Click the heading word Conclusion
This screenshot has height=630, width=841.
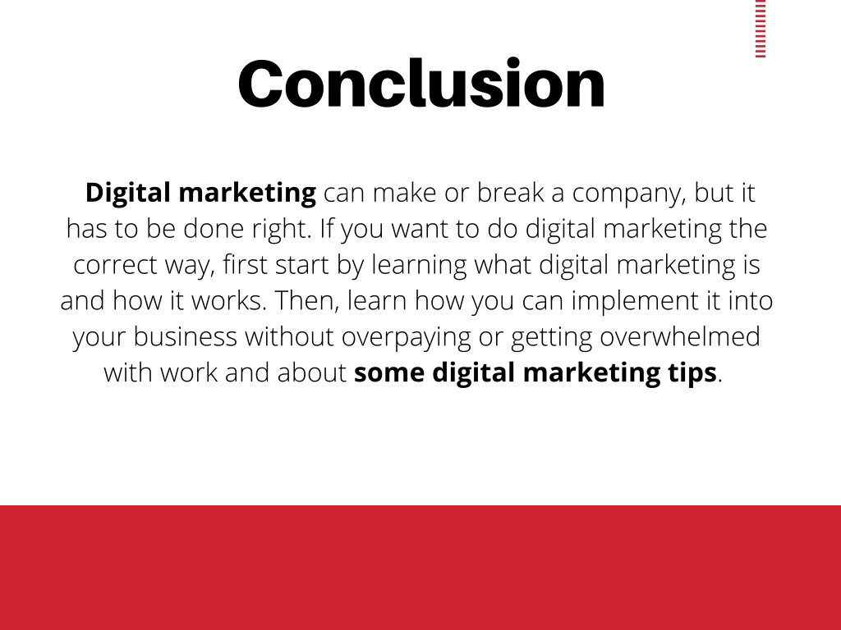point(421,84)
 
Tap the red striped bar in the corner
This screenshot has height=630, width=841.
point(761,29)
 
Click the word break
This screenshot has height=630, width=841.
point(510,192)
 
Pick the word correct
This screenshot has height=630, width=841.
point(115,265)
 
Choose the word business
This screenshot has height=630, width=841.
point(185,337)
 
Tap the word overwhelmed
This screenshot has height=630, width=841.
point(679,337)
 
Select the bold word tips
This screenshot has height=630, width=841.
point(692,373)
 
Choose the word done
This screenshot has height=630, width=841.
point(214,230)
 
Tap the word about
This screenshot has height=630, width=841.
point(311,373)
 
